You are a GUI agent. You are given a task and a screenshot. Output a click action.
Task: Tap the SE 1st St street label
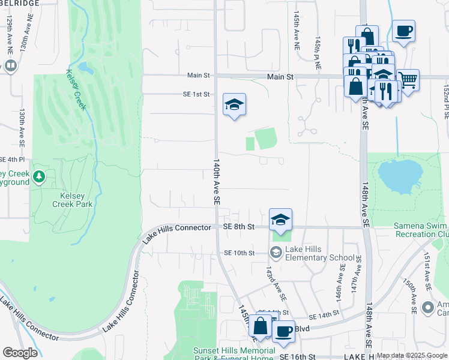[x=196, y=94]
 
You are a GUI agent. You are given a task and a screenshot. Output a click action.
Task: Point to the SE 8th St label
[x=239, y=227]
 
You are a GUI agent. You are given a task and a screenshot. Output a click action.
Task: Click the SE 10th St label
[x=240, y=253]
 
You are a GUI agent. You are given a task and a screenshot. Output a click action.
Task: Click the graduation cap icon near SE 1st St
[x=234, y=105]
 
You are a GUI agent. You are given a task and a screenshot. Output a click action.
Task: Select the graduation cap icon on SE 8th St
[x=280, y=220]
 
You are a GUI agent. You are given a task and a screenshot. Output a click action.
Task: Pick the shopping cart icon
[x=408, y=79]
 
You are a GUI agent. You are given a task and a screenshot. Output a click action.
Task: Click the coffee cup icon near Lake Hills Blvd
[x=283, y=331]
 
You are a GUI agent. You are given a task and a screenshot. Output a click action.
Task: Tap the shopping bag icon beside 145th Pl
[x=261, y=326]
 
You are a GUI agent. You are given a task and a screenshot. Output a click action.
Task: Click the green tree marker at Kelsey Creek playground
[x=39, y=176]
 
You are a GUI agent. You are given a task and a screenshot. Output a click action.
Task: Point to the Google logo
[x=20, y=353]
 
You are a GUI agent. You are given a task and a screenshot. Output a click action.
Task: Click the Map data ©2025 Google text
[x=412, y=355]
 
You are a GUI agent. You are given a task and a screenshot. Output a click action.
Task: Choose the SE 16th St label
[x=295, y=356]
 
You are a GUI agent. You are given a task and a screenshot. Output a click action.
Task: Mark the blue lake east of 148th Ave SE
[x=399, y=175]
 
